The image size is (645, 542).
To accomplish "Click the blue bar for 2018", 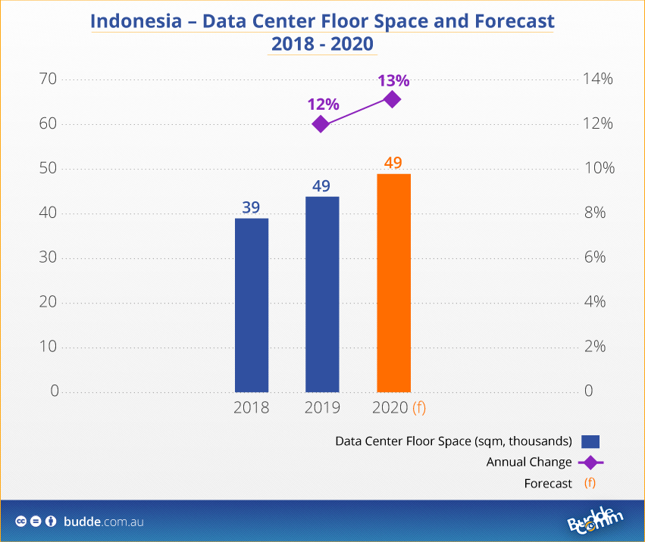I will click(252, 305).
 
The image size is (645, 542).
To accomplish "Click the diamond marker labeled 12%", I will click(321, 124).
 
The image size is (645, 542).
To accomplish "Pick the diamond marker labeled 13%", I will click(392, 99).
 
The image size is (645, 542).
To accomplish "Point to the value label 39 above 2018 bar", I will click(251, 207).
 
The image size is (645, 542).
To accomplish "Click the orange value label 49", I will click(393, 163).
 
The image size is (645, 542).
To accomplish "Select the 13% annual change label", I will click(394, 80).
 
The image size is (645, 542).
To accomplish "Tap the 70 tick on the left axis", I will click(49, 79).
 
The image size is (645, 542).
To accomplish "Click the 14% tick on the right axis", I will click(598, 79).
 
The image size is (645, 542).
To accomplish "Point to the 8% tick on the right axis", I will click(595, 213).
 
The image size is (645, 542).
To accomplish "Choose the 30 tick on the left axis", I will click(49, 257).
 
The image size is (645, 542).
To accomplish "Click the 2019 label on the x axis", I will click(322, 408).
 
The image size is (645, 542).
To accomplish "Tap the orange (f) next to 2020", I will click(419, 408).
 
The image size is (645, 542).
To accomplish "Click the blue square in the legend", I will click(590, 441).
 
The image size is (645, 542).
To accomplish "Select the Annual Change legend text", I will click(529, 463).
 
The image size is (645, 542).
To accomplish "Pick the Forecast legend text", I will click(548, 484).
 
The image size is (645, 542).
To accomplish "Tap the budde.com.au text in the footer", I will click(104, 522).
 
